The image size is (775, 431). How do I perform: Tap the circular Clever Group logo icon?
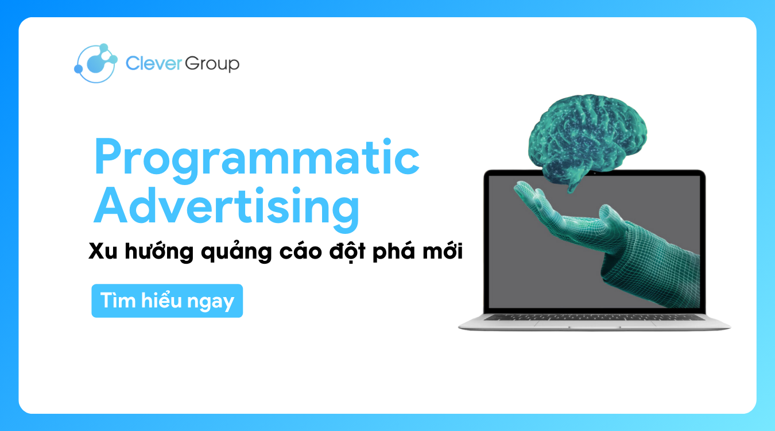pyautogui.click(x=96, y=63)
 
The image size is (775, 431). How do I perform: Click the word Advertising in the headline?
pyautogui.click(x=227, y=207)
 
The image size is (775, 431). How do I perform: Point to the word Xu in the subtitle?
pyautogui.click(x=103, y=252)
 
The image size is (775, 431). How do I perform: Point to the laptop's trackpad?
pyautogui.click(x=594, y=324)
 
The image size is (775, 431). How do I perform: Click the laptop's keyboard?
pyautogui.click(x=594, y=316)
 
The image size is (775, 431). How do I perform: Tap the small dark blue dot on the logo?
pyautogui.click(x=79, y=70)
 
